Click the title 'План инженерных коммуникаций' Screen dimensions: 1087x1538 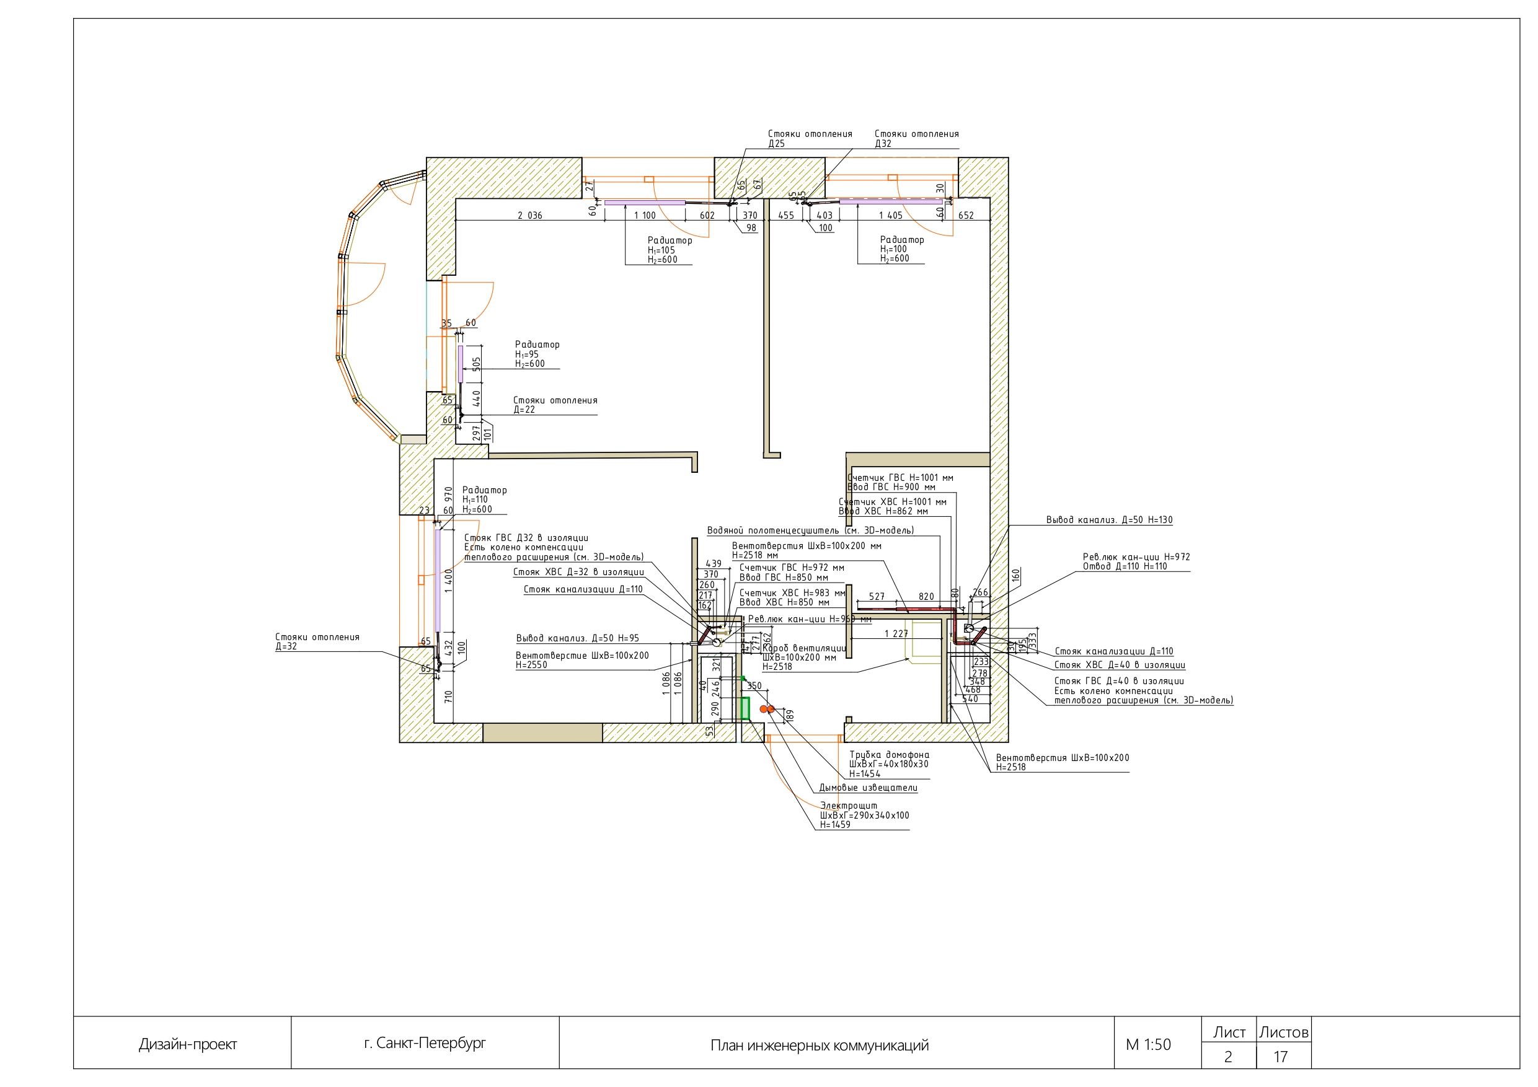click(x=820, y=1045)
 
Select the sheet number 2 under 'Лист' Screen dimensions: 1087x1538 click(x=1228, y=1057)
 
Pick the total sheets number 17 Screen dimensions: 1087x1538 click(x=1280, y=1057)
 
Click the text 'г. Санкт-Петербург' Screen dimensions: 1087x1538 click(x=425, y=1043)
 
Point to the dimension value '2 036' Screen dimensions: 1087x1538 click(x=530, y=216)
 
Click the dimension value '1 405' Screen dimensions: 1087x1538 click(x=890, y=216)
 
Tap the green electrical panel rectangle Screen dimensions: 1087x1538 click(x=745, y=708)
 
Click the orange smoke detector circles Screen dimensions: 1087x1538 click(x=766, y=708)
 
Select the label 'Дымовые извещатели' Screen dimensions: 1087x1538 click(x=868, y=788)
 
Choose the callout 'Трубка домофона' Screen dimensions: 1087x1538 click(x=889, y=755)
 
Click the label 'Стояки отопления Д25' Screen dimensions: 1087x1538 click(x=809, y=139)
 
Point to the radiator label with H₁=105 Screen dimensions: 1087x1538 click(x=669, y=250)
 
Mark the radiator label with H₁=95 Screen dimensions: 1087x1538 click(x=537, y=354)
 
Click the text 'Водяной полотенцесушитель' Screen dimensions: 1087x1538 click(x=810, y=530)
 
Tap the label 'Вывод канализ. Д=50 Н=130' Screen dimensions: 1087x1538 click(x=1108, y=520)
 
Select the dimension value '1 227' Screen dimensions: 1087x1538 click(x=896, y=633)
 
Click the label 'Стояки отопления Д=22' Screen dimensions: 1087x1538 click(x=555, y=405)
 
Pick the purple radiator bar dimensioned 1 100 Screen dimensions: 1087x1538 click(x=645, y=202)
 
